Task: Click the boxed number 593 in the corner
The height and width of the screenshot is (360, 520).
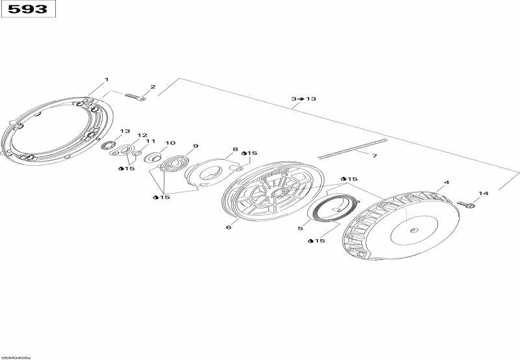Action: click(27, 8)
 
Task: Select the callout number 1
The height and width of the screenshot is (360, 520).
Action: click(107, 79)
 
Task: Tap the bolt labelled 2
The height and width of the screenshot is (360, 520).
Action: click(135, 97)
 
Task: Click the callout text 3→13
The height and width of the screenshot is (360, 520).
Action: click(304, 99)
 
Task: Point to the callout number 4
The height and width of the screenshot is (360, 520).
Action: click(447, 183)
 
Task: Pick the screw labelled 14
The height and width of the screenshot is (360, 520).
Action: click(466, 205)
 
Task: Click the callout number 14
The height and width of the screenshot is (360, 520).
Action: click(483, 193)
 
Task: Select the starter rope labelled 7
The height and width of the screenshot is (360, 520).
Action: click(352, 149)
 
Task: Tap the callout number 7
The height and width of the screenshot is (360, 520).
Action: click(374, 156)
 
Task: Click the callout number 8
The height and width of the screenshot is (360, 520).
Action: click(235, 149)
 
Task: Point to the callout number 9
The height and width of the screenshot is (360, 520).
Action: click(196, 146)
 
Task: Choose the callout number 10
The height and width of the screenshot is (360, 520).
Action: click(170, 143)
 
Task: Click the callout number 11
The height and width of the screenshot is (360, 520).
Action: click(151, 141)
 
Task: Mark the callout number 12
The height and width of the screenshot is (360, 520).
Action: click(142, 135)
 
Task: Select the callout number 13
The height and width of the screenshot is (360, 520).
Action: click(125, 131)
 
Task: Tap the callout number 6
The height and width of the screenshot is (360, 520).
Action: click(229, 227)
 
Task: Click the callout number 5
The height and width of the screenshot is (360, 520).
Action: click(300, 228)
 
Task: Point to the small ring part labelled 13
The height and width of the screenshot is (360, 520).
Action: click(109, 145)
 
